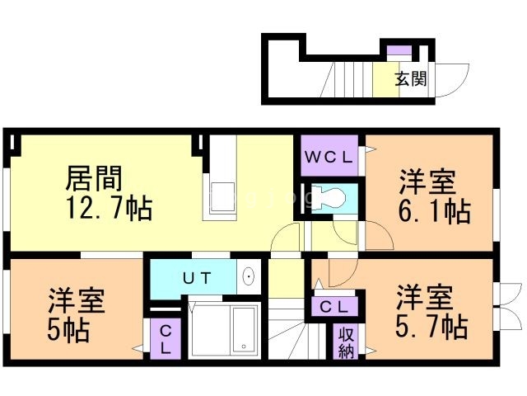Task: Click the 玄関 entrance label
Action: (x=409, y=79)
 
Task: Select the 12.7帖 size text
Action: (x=109, y=209)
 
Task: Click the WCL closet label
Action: (x=329, y=155)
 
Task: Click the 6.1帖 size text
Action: (x=435, y=212)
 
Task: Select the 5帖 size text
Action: (x=68, y=332)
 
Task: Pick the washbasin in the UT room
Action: (x=249, y=276)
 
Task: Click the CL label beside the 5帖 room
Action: (x=165, y=338)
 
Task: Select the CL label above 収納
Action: (x=333, y=307)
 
